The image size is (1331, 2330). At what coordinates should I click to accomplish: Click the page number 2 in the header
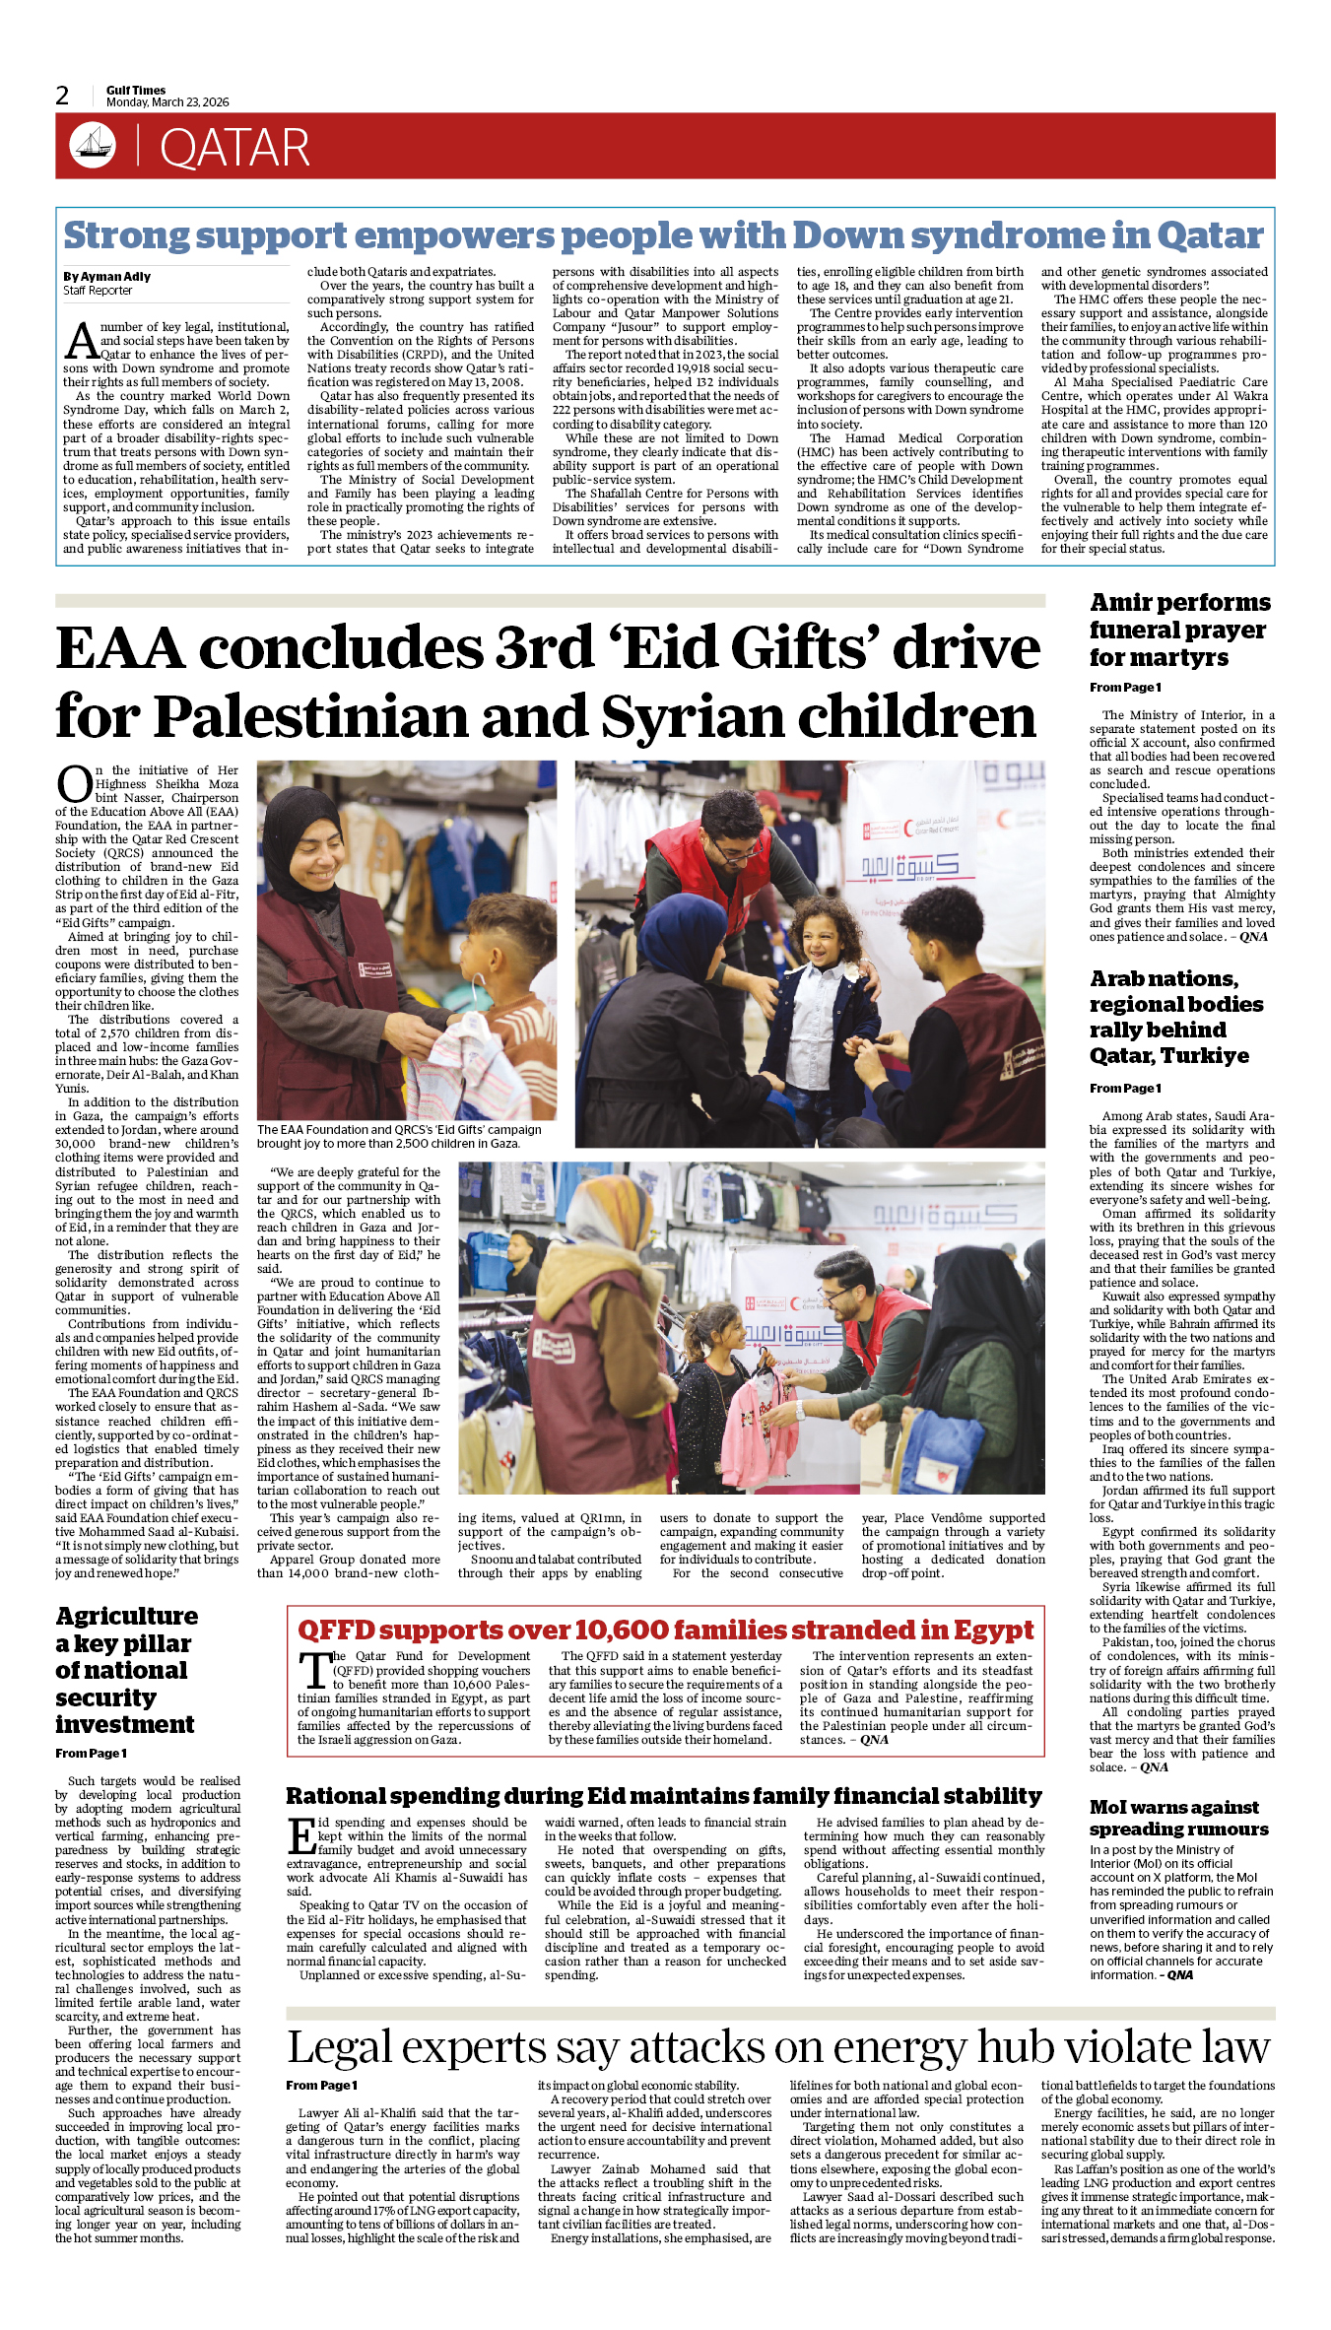(x=62, y=96)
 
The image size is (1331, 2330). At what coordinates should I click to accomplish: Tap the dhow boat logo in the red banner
(x=93, y=146)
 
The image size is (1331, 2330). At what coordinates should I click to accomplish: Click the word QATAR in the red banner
(x=234, y=149)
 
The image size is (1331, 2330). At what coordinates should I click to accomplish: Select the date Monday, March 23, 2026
(x=167, y=102)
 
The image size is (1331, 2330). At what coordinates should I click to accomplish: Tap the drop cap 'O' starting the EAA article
(x=74, y=784)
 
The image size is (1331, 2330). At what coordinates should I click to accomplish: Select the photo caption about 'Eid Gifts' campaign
(x=399, y=1137)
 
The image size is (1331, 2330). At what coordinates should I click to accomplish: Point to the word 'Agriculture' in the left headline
(x=127, y=1617)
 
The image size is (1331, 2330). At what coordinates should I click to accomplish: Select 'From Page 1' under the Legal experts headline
(x=321, y=2085)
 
